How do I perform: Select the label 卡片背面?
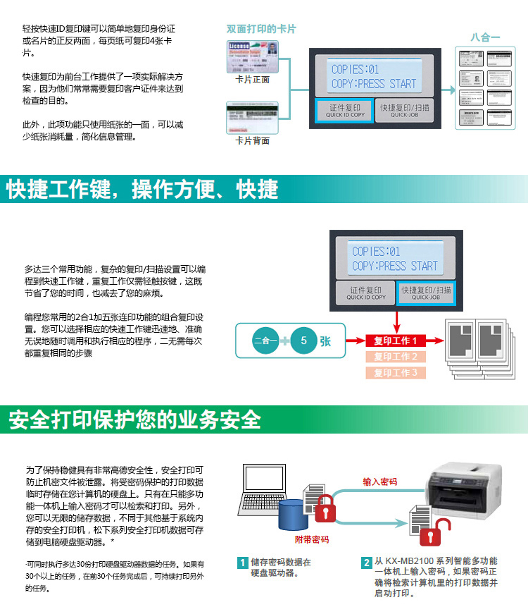(x=252, y=141)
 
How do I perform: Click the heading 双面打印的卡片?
(x=261, y=29)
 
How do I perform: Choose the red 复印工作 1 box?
(x=396, y=341)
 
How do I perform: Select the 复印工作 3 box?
(x=396, y=373)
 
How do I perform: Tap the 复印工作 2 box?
(x=396, y=357)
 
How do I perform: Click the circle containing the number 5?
(x=303, y=341)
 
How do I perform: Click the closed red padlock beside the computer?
(x=325, y=509)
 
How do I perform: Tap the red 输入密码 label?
(x=379, y=482)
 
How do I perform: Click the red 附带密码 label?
(x=311, y=539)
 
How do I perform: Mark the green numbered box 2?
(x=367, y=563)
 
